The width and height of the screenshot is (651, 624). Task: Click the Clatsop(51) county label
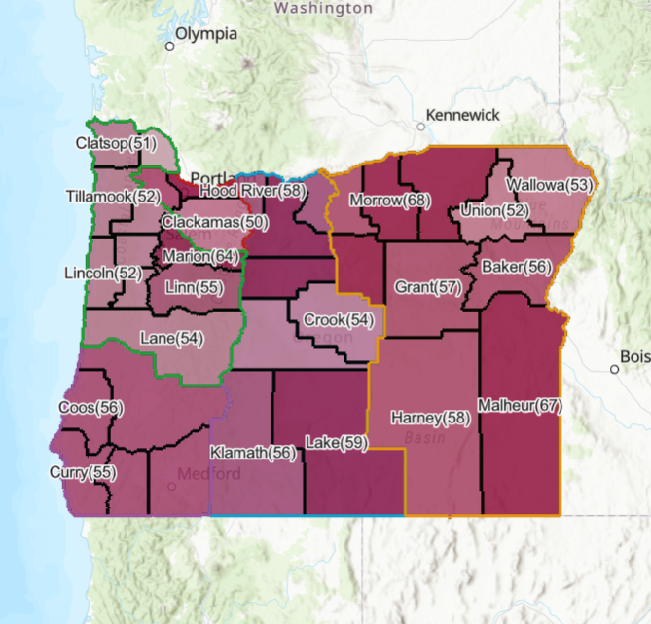coord(116,143)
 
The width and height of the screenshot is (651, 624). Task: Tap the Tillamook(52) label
coord(114,196)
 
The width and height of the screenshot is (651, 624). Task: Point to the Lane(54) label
coord(172,338)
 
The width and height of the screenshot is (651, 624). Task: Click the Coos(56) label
coord(90,407)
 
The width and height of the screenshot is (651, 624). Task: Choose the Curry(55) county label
coord(83,472)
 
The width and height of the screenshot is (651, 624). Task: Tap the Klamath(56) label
coord(253,453)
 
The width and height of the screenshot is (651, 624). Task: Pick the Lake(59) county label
coord(337,443)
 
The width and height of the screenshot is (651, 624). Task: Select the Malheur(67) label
coord(521,405)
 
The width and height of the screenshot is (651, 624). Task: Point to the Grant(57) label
coord(428,287)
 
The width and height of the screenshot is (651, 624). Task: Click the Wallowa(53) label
coord(549,184)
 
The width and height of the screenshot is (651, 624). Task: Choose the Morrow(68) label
coord(389,201)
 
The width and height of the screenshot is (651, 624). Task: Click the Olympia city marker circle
coord(169,45)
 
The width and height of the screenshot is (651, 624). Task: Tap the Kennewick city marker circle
coord(421,126)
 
